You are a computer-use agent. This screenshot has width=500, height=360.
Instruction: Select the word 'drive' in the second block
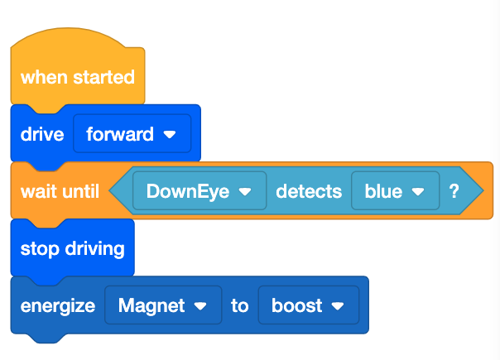pyautogui.click(x=42, y=134)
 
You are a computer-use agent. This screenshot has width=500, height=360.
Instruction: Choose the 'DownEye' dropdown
pyautogui.click(x=187, y=191)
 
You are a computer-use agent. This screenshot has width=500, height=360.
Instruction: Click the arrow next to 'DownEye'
pyautogui.click(x=244, y=192)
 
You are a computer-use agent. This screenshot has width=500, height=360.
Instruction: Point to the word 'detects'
pyautogui.click(x=308, y=191)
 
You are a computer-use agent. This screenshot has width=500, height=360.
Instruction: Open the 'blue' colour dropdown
pyautogui.click(x=383, y=191)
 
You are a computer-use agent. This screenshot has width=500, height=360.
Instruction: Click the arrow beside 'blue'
pyautogui.click(x=418, y=192)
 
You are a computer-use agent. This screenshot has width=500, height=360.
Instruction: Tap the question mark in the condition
pyautogui.click(x=454, y=191)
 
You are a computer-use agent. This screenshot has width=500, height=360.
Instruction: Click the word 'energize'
pyautogui.click(x=58, y=305)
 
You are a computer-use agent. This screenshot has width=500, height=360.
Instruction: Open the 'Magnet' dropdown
pyautogui.click(x=151, y=305)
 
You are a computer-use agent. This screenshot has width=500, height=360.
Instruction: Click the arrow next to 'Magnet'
pyautogui.click(x=200, y=306)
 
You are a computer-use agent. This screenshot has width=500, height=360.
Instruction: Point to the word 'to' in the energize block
pyautogui.click(x=239, y=305)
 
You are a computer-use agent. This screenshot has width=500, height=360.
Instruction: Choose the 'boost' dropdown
pyautogui.click(x=297, y=305)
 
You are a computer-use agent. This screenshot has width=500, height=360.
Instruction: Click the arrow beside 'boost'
pyautogui.click(x=337, y=306)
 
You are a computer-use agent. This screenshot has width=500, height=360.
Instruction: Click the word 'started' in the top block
pyautogui.click(x=103, y=77)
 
